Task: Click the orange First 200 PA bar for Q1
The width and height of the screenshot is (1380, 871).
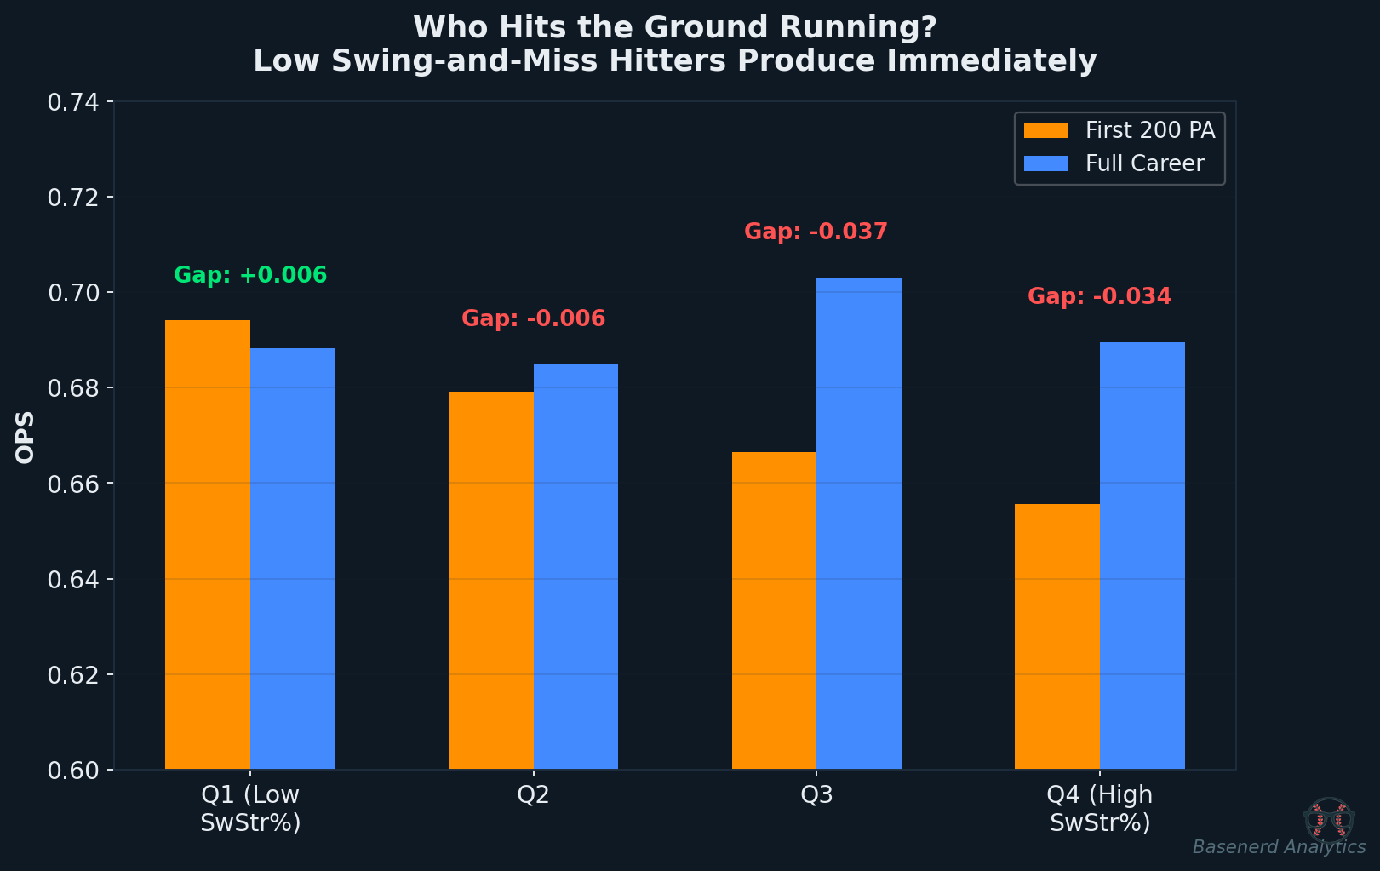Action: [207, 545]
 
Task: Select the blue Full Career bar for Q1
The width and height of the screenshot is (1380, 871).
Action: [292, 559]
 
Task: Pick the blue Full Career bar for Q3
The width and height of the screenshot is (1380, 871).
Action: [858, 524]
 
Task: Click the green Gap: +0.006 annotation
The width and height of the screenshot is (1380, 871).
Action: [250, 276]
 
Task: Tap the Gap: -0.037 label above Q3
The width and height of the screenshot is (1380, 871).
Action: [816, 232]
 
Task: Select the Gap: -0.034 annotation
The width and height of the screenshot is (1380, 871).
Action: [1099, 296]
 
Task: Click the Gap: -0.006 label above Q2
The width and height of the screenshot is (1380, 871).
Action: [533, 319]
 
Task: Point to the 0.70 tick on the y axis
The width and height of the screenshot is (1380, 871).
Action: [73, 293]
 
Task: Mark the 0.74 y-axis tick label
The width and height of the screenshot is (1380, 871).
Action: [73, 102]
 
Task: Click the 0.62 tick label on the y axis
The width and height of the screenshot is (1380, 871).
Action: [73, 675]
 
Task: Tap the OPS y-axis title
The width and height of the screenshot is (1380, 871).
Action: [26, 437]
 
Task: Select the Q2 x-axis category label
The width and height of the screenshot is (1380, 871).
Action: [533, 795]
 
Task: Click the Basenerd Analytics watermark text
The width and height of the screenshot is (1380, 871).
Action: [1278, 847]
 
